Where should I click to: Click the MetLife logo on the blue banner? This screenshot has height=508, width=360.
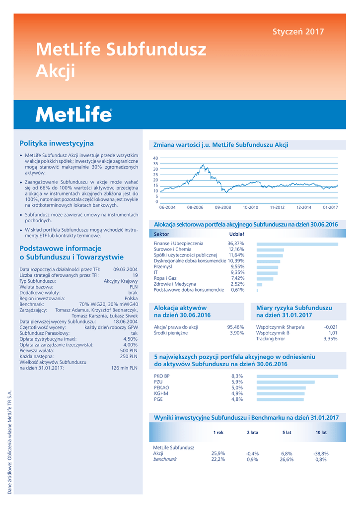73,115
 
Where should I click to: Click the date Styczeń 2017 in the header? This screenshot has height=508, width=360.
298,32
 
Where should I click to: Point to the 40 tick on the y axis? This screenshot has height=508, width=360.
155,158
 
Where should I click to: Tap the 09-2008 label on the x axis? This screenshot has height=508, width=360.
223,207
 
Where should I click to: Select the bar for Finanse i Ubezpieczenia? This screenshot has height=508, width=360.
297,244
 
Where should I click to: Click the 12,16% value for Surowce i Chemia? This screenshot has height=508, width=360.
236,250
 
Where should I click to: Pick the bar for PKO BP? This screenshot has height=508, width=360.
297,376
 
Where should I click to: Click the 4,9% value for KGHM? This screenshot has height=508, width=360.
237,393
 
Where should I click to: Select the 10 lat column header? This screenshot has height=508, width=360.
321,433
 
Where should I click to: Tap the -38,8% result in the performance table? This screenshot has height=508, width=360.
321,453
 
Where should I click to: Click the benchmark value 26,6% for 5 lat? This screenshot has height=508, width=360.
287,459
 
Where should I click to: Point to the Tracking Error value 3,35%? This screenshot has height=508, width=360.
330,339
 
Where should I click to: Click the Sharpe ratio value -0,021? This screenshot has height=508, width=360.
331,327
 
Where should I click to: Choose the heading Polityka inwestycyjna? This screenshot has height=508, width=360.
56,143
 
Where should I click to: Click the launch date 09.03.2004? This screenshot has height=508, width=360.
125,269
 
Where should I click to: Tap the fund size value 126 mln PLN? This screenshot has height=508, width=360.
124,368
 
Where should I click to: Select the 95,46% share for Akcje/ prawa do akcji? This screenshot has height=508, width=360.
235,327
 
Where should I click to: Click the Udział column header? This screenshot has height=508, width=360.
236,234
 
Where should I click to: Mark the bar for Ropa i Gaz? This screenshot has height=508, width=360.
265,279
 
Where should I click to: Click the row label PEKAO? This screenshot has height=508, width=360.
161,387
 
